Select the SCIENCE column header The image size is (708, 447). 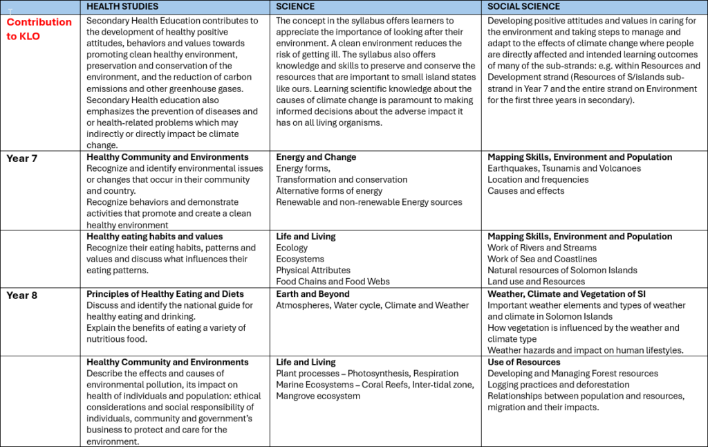point(295,6)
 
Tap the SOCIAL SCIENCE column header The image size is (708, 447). point(523,6)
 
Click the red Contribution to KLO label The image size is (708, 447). point(39,29)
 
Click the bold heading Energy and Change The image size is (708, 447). point(316,157)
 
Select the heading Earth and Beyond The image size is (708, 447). point(313,294)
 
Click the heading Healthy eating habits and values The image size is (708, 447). point(154,237)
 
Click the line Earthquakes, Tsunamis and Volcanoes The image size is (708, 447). point(563,168)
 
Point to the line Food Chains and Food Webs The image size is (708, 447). point(333,282)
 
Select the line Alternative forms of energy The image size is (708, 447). point(329,191)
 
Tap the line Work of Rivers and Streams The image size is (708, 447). point(541,248)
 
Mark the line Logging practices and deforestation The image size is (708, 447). point(558,385)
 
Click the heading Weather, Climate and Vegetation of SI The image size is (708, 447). point(566,294)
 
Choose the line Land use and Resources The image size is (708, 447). point(536,282)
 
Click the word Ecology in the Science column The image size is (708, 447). point(292,248)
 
